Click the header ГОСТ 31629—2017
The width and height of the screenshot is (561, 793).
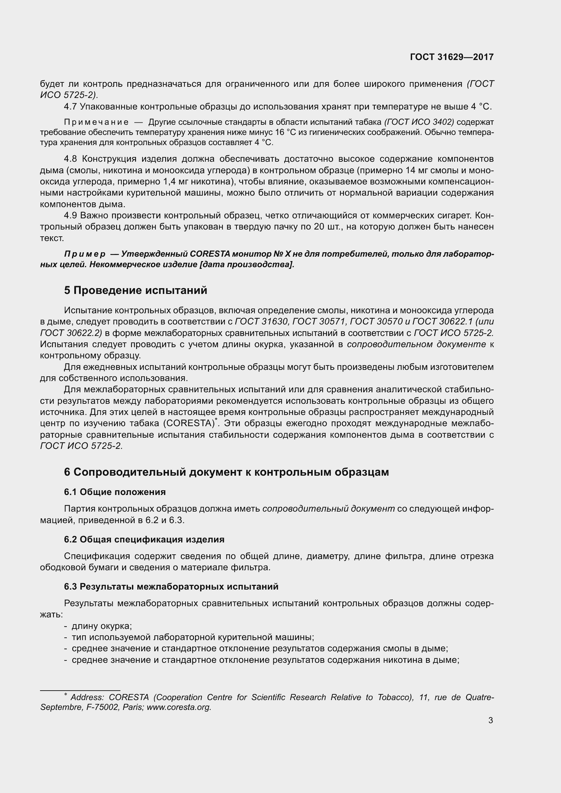pos(451,57)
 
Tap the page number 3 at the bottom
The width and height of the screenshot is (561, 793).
pos(490,720)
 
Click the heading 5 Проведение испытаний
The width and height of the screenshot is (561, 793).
pos(136,290)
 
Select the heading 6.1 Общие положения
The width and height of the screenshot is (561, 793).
pos(115,492)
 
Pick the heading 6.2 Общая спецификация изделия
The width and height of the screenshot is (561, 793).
pos(144,539)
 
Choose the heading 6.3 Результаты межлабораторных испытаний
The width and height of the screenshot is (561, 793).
pos(171,587)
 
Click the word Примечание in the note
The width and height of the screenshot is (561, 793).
pos(96,122)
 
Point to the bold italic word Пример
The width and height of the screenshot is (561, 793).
pos(85,254)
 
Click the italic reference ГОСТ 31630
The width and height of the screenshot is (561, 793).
pos(261,321)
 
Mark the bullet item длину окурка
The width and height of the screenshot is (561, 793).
pos(102,626)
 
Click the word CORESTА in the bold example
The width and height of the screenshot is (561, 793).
pos(210,254)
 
